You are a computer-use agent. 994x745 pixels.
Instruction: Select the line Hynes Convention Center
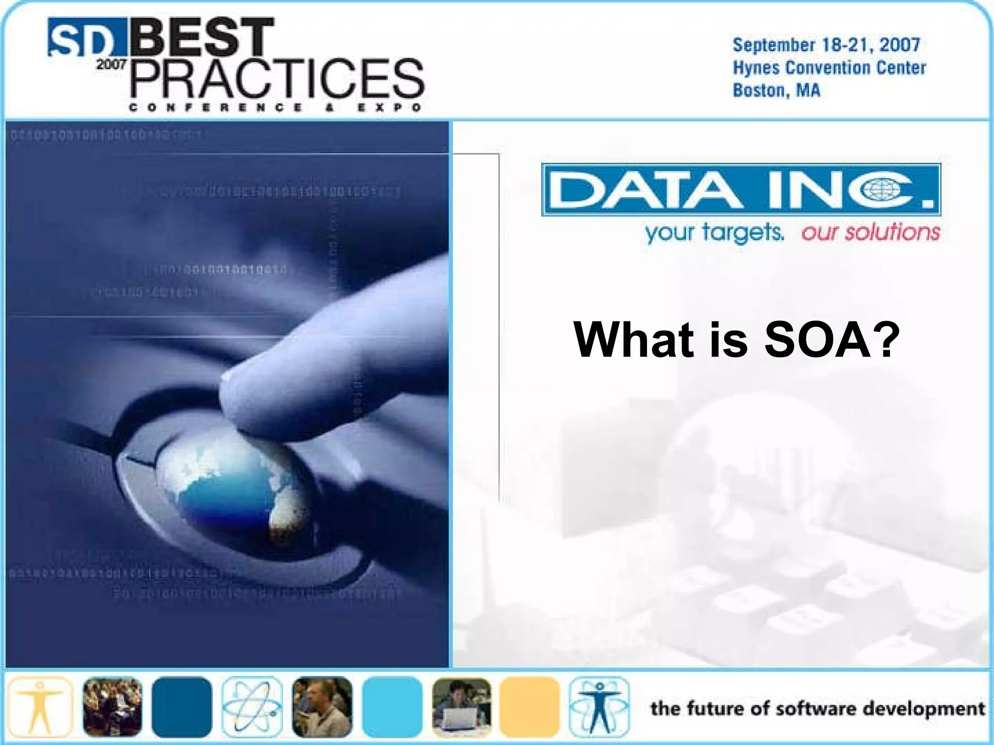[x=829, y=68]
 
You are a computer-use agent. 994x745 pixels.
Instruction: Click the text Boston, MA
[x=776, y=91]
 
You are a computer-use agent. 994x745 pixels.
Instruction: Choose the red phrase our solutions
[x=870, y=232]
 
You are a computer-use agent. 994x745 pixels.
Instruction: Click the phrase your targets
[x=714, y=233]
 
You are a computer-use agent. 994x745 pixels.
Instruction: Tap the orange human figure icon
[x=40, y=707]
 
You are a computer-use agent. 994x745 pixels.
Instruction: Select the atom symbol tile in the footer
[x=252, y=707]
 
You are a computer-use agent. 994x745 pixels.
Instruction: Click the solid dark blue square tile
[x=182, y=707]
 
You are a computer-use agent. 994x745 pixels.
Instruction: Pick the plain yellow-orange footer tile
[x=530, y=707]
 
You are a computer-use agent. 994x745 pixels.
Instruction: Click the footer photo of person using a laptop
[x=461, y=707]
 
